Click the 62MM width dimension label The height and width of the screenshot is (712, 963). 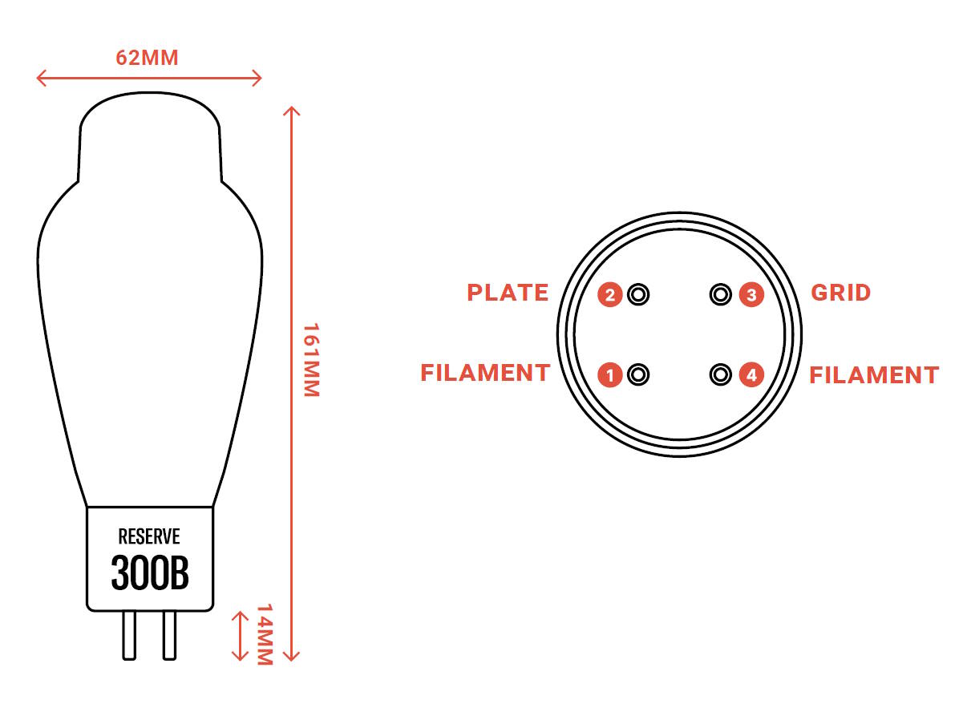coord(147,58)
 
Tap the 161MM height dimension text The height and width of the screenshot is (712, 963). coord(311,360)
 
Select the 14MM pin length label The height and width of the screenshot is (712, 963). coord(265,635)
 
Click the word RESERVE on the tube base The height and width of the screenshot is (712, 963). coord(149,536)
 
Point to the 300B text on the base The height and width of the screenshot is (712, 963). coord(150,572)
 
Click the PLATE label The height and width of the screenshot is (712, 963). coord(508,293)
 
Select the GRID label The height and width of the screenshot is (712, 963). coord(841,293)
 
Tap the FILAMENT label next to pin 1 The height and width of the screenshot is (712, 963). coord(485,373)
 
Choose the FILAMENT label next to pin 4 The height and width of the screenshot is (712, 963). coord(875,375)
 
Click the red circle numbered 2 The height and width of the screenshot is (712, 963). coord(610,295)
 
